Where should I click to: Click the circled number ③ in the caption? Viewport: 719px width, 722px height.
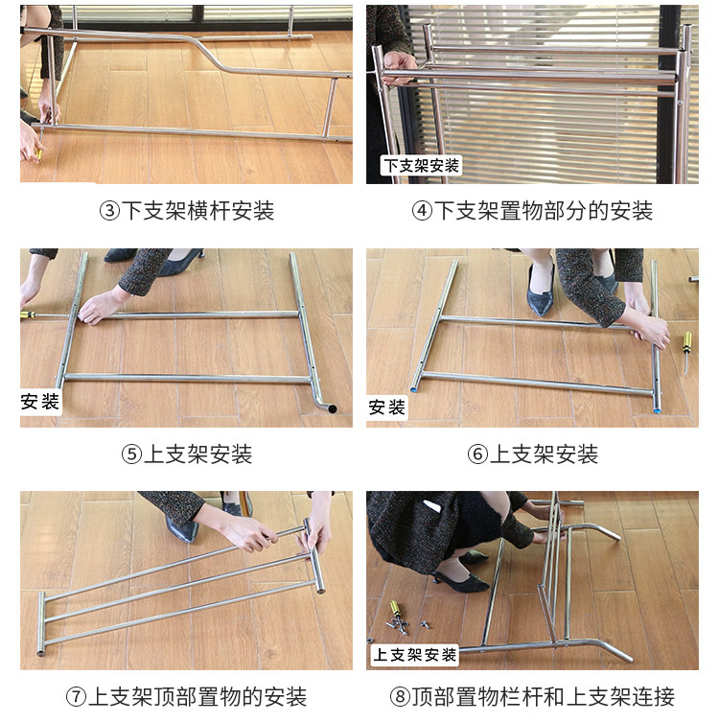(109, 211)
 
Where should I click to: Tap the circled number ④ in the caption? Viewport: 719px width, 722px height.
(422, 211)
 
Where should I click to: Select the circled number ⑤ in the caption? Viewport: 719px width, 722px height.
(131, 454)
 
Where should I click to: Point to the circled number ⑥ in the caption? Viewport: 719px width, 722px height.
(477, 454)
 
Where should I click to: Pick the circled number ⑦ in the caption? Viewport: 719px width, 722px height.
(77, 697)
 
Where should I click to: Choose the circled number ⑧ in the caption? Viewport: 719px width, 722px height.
(400, 697)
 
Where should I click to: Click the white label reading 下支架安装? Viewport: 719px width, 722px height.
(421, 165)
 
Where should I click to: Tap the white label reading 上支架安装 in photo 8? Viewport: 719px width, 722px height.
(414, 655)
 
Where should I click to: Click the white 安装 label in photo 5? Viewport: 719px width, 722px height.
(40, 402)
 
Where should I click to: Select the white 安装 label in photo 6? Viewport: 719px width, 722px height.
(386, 408)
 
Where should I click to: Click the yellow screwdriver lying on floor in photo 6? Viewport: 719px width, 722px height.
(686, 351)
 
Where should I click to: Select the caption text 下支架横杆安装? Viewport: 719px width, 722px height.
(197, 211)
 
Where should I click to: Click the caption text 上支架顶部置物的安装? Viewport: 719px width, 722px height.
(197, 697)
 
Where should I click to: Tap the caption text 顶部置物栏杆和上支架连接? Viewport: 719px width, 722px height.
(544, 697)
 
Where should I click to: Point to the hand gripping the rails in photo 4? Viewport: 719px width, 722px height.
(400, 67)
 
